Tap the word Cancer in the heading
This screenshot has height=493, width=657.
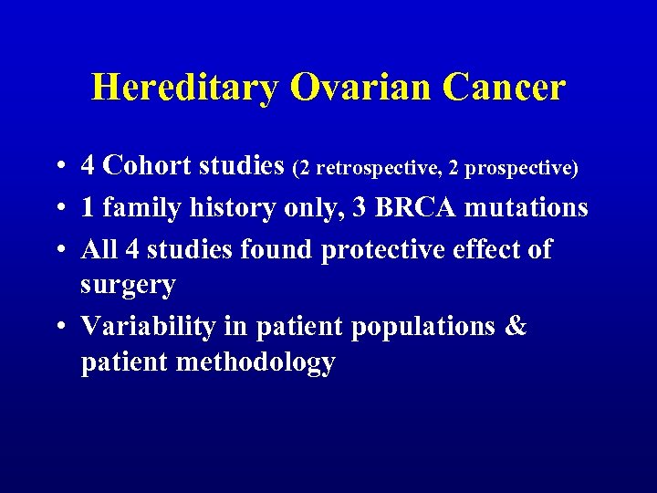coord(504,89)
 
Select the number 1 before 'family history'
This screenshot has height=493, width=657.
coord(88,208)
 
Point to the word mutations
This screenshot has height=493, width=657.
coord(527,208)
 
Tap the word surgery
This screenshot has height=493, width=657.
coord(128,286)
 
